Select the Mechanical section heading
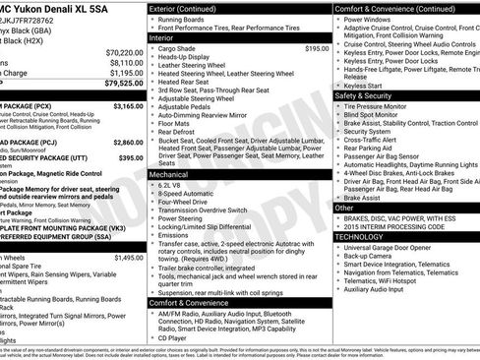pyautogui.click(x=169, y=173)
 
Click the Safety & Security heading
pyautogui.click(x=371, y=96)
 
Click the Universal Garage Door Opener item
pyautogui.click(x=402, y=247)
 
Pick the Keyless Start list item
pyautogui.click(x=364, y=86)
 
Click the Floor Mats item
pyautogui.click(x=177, y=123)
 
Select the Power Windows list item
pyautogui.click(x=371, y=19)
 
